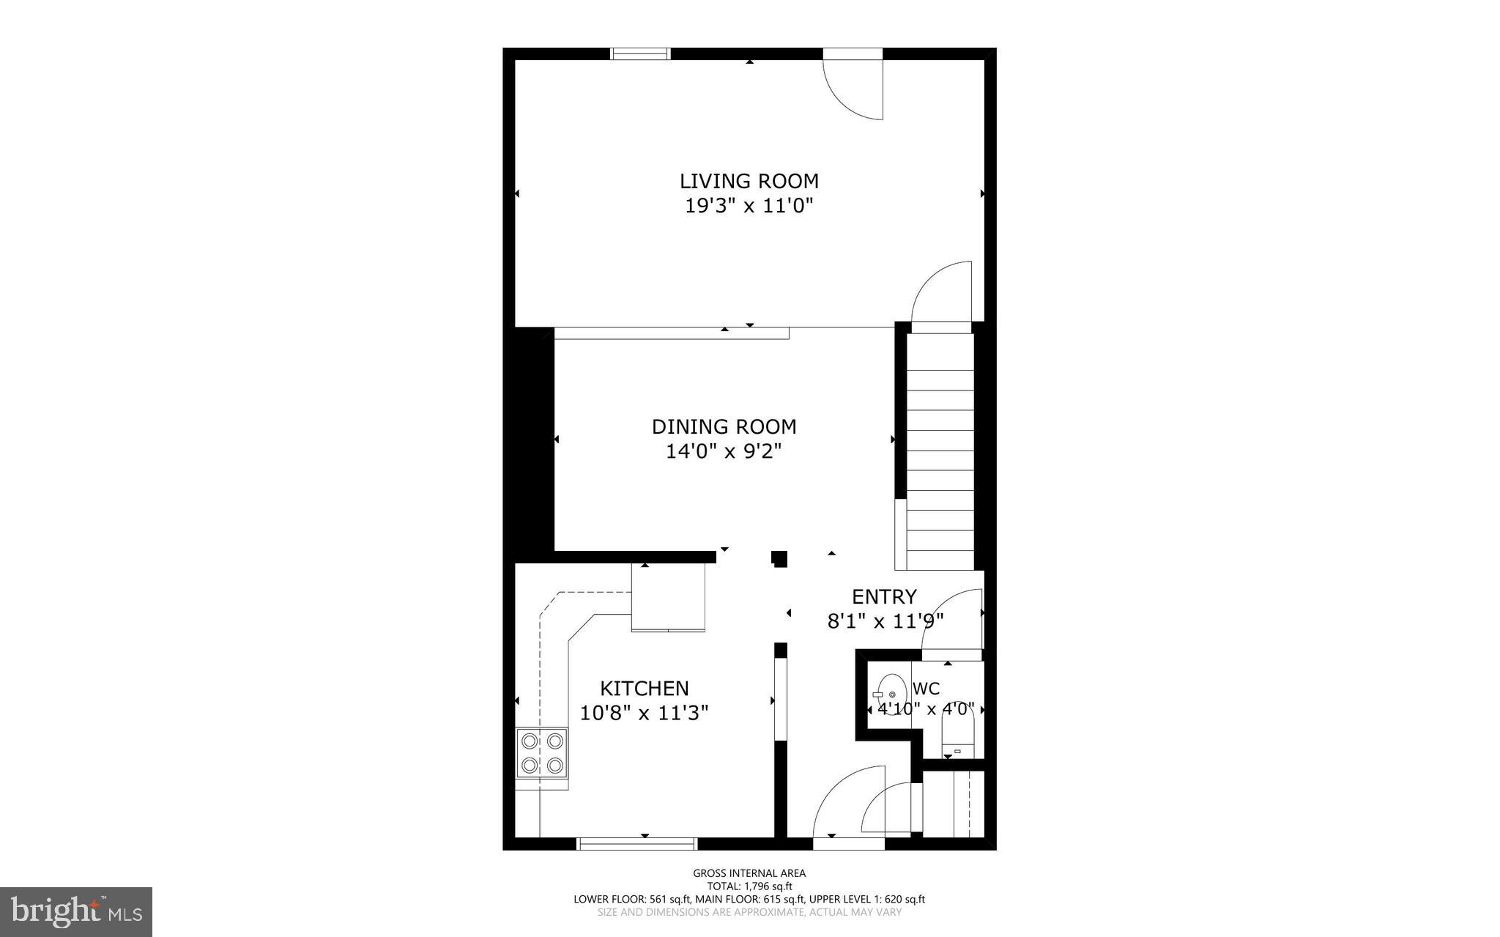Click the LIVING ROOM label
point(749,181)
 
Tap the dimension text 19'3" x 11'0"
point(749,206)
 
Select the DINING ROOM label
point(724,426)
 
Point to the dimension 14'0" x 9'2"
point(724,451)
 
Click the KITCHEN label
point(644,689)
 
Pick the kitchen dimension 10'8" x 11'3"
point(644,713)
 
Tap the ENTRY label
point(884,596)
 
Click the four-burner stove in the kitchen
point(542,752)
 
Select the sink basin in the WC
point(891,694)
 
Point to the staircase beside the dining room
point(940,451)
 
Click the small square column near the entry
point(779,559)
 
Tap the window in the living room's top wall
point(641,53)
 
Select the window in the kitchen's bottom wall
point(637,844)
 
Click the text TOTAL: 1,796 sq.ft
point(749,886)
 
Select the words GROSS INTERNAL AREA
point(749,873)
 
